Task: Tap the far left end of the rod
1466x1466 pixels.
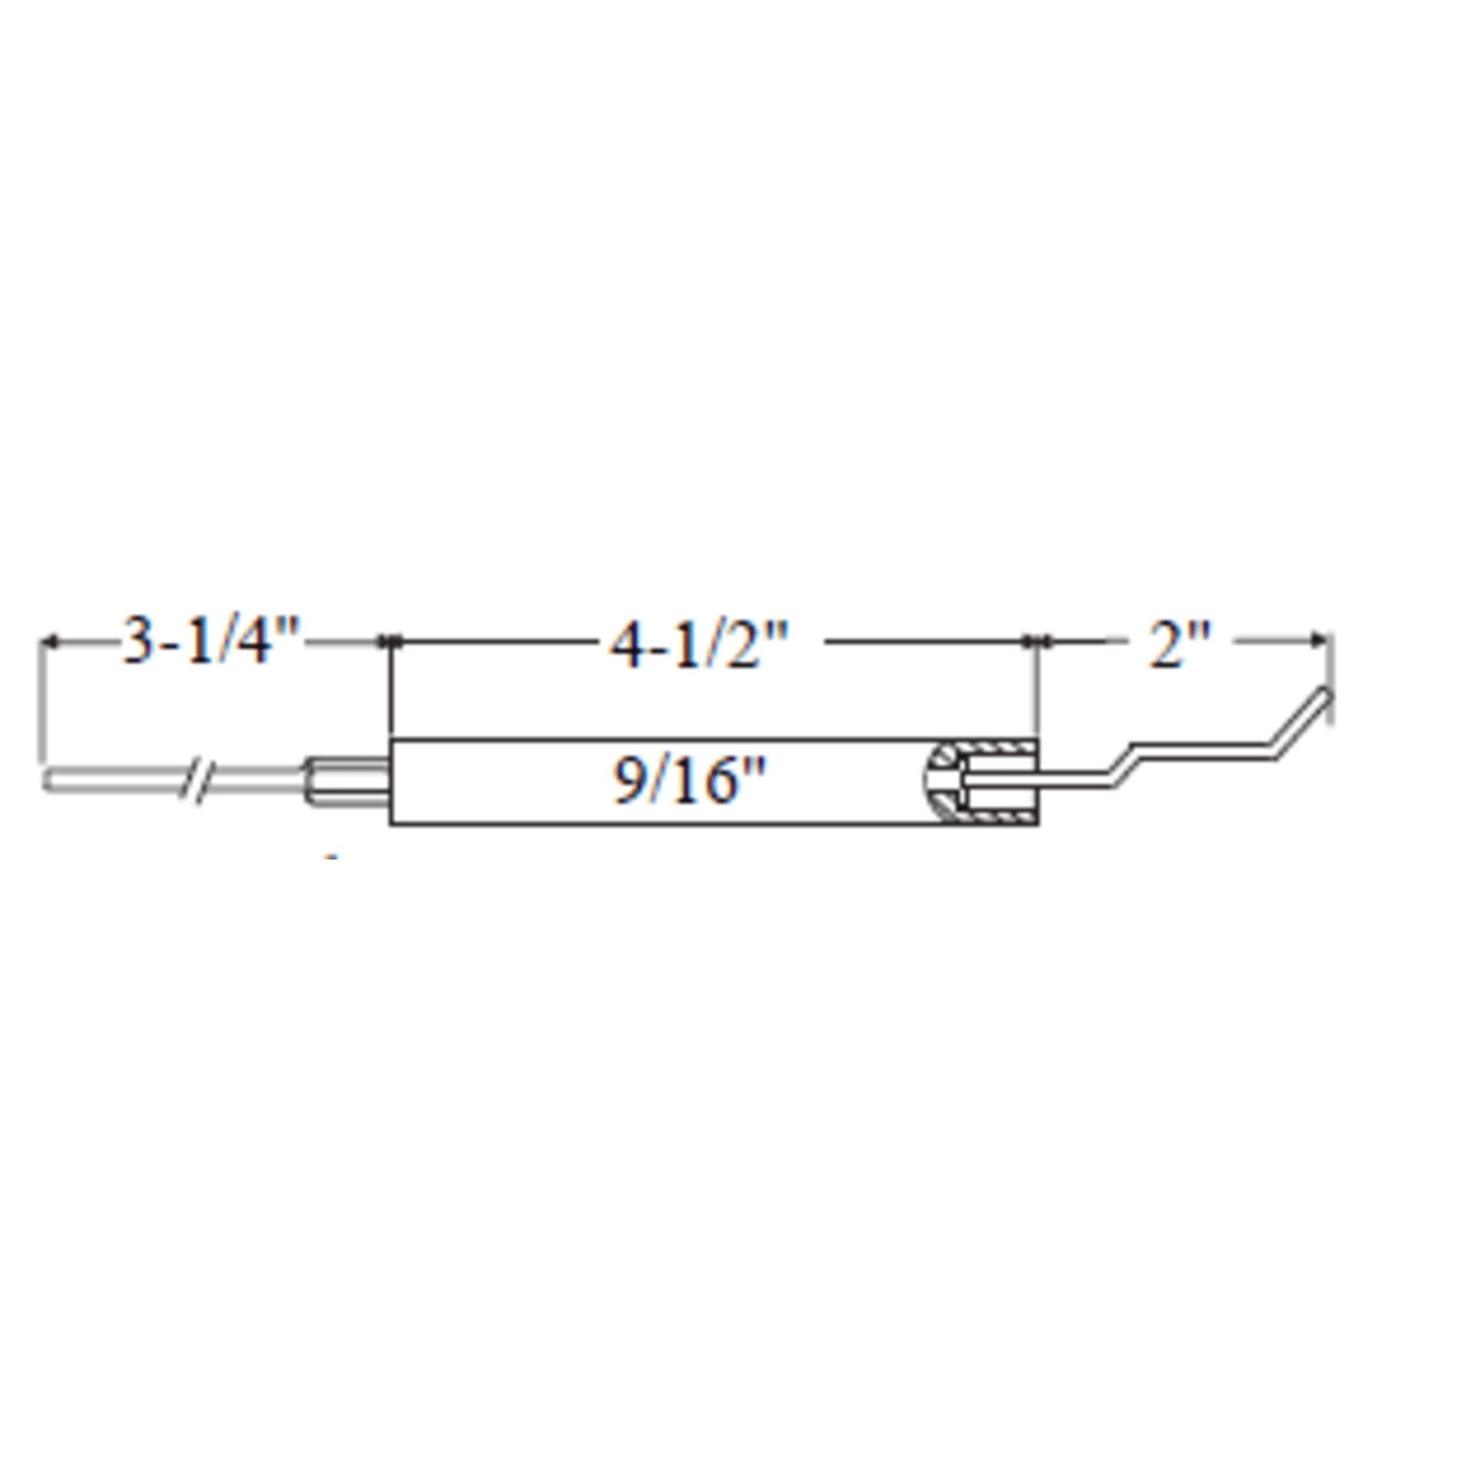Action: pos(44,779)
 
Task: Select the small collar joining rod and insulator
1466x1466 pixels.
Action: pos(347,780)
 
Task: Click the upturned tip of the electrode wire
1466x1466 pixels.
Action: pos(1327,693)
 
